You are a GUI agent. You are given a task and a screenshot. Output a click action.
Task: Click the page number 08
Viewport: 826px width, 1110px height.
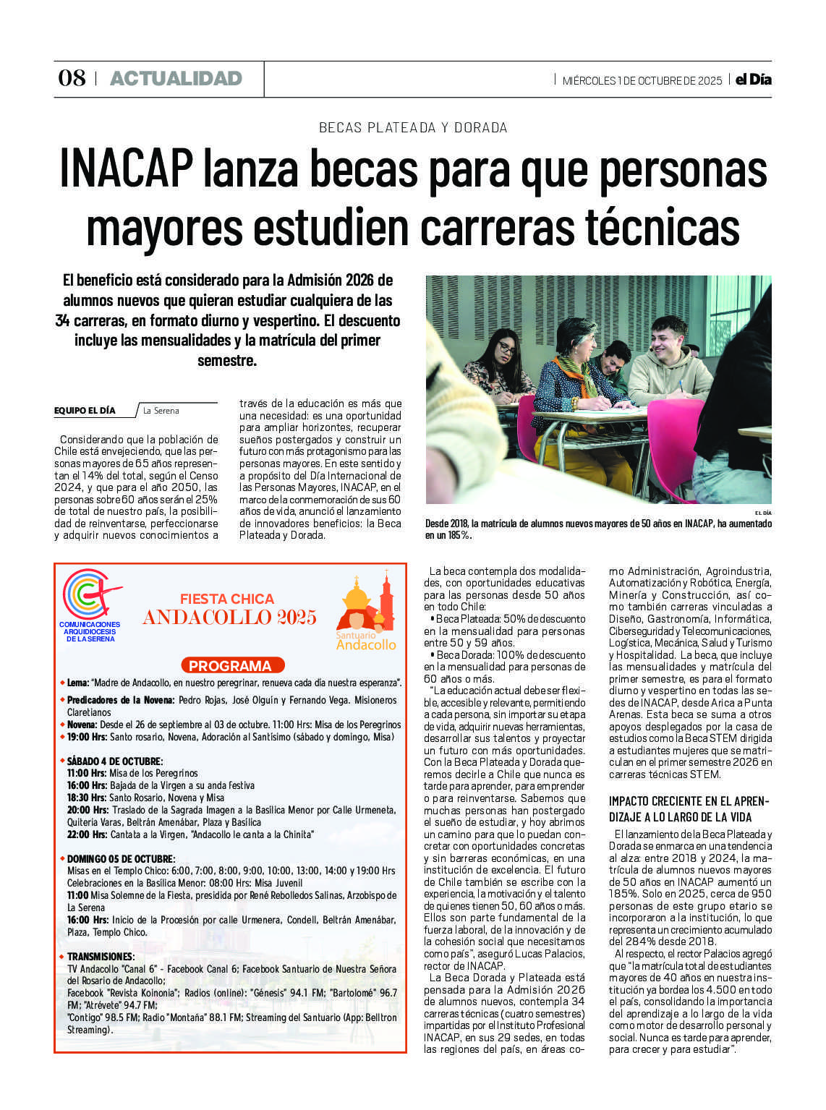click(72, 79)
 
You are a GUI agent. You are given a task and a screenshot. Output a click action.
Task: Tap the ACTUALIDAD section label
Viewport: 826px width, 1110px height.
click(176, 79)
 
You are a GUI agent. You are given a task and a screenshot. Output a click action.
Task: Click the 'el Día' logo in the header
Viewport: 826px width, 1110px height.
click(753, 80)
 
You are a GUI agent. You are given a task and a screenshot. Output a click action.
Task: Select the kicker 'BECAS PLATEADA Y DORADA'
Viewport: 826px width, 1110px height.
click(413, 128)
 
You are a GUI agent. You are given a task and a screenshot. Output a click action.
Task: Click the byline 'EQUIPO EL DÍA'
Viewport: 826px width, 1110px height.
click(85, 411)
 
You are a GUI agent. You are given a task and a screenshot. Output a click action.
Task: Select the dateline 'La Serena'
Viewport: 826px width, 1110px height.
click(161, 411)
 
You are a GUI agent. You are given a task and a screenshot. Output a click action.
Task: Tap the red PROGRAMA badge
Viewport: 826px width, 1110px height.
click(230, 666)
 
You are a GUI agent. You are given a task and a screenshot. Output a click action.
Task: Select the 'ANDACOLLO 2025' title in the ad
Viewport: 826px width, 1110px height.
click(229, 618)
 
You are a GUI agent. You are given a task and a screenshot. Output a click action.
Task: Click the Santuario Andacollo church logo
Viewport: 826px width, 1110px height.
click(365, 611)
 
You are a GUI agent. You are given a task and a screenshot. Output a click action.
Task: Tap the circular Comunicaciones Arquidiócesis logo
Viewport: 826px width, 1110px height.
click(90, 594)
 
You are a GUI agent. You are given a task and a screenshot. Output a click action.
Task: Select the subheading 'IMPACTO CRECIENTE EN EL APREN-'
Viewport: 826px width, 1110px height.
click(689, 801)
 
